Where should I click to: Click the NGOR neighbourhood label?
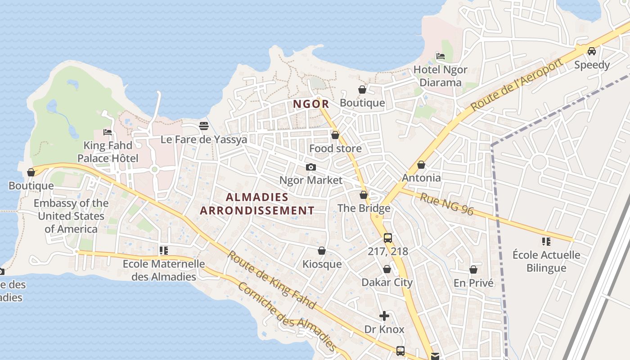[311, 104]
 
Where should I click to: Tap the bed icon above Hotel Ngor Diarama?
[441, 56]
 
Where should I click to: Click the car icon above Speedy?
[592, 51]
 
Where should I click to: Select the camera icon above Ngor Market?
[310, 167]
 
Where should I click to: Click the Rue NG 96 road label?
[446, 204]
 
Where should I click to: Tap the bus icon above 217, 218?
[387, 238]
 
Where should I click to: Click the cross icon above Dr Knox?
[384, 316]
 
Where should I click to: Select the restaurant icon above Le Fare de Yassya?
[204, 126]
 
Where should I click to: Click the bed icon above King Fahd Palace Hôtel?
[108, 132]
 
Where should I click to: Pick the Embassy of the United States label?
[71, 216]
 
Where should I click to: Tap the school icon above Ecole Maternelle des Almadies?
[163, 251]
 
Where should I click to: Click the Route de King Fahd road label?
[271, 279]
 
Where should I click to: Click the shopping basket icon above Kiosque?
[322, 251]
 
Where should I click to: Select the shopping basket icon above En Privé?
[473, 270]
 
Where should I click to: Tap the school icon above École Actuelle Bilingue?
[546, 242]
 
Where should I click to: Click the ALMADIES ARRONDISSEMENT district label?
[257, 204]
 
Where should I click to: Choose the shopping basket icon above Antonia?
[421, 165]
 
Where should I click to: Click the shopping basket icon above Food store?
[335, 135]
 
